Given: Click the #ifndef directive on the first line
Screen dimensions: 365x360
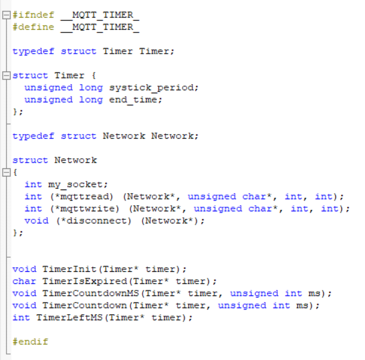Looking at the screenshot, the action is coord(33,15).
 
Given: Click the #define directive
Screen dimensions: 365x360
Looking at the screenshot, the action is coord(33,27).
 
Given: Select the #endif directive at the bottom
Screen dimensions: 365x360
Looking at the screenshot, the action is coord(30,342).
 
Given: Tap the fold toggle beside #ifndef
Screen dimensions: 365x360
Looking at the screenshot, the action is coord(6,15).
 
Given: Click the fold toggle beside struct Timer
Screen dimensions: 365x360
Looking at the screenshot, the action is coord(6,76).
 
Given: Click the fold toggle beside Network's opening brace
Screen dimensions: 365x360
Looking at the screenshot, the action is coord(6,172).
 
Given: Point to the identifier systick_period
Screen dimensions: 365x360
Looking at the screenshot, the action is coord(154,88).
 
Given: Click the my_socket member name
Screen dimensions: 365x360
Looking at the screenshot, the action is coord(78,185).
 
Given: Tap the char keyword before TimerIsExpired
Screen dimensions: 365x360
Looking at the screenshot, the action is coord(24,281).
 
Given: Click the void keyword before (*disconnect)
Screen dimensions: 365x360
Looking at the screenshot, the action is coord(36,221).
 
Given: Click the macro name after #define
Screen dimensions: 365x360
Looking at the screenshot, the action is coord(99,27).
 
